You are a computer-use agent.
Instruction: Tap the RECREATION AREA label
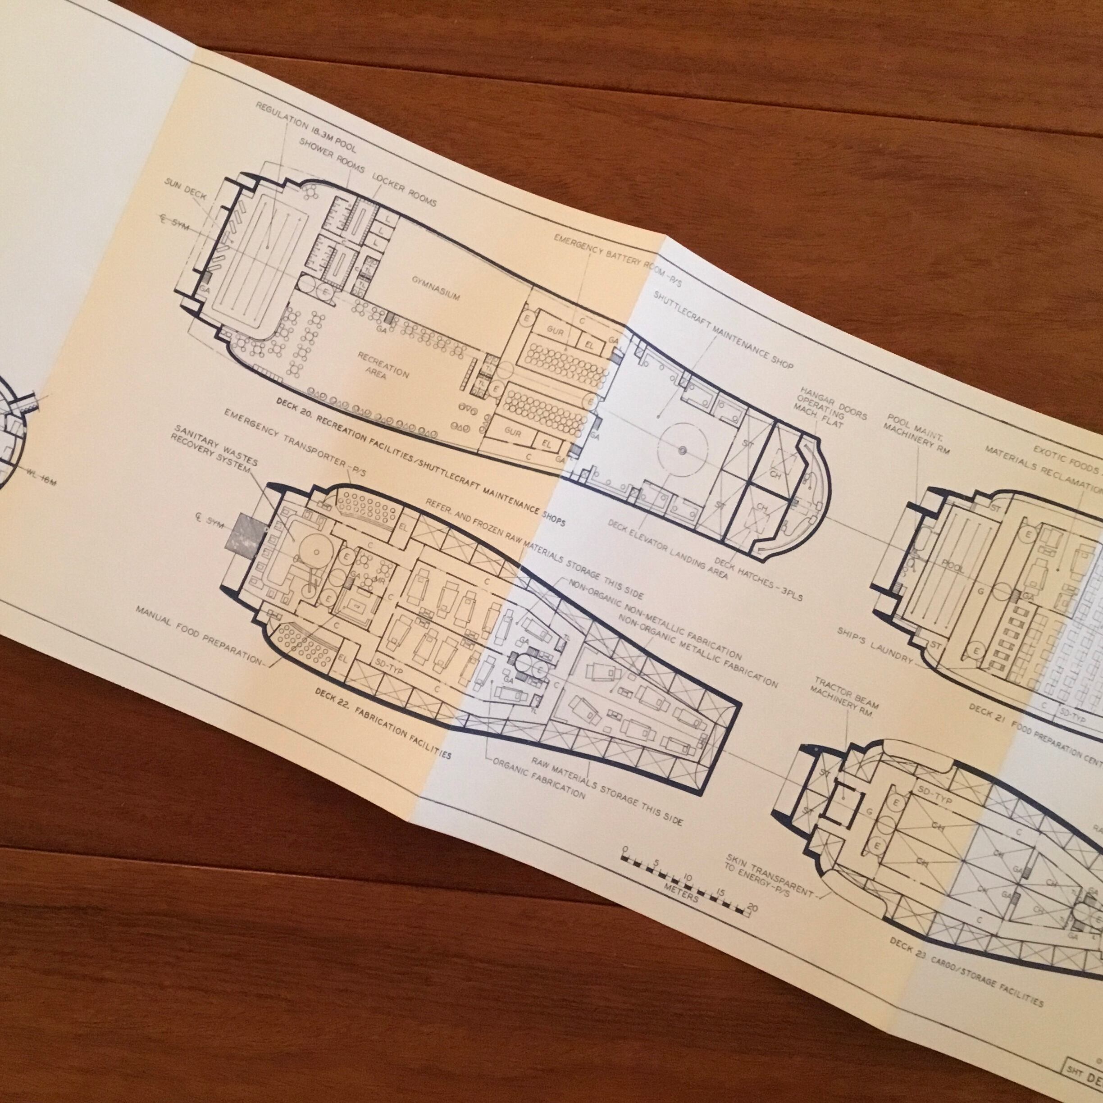tap(383, 365)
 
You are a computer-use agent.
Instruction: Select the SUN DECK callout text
tap(186, 195)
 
